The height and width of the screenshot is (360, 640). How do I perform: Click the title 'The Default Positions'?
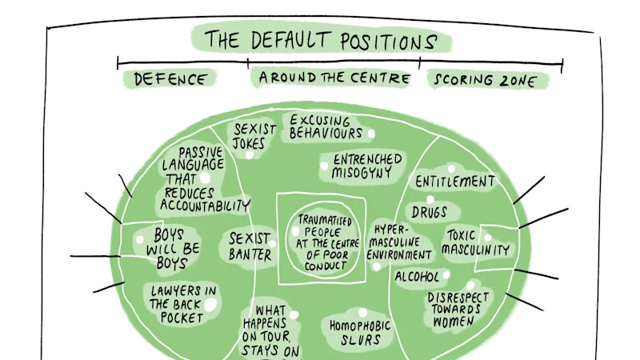click(x=321, y=41)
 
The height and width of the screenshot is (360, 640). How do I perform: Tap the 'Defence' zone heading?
click(x=170, y=79)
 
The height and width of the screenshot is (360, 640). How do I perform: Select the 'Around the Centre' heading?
click(x=334, y=78)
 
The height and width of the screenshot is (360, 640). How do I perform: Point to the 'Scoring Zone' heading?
click(x=485, y=80)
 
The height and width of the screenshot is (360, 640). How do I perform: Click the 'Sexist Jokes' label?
click(x=254, y=136)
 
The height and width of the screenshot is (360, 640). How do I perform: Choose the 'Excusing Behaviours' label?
click(x=326, y=127)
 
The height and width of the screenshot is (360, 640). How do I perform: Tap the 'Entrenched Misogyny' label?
click(x=366, y=166)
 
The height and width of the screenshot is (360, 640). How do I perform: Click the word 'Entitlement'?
click(x=455, y=182)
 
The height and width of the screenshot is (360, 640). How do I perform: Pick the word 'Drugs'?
click(x=429, y=212)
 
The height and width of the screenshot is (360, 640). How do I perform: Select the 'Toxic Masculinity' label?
click(x=475, y=242)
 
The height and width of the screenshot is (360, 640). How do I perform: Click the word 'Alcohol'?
click(x=417, y=277)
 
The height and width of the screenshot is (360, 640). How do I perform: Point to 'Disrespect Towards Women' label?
click(x=458, y=310)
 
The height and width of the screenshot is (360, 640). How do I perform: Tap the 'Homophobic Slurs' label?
click(x=360, y=333)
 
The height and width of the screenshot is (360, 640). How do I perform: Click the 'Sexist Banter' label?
click(x=250, y=246)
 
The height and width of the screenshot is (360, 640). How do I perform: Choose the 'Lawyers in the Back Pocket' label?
click(x=182, y=305)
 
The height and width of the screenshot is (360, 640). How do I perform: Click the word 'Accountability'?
click(x=205, y=206)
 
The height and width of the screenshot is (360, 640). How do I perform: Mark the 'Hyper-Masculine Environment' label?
click(x=398, y=242)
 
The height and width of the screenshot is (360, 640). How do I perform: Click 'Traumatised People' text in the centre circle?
click(x=324, y=226)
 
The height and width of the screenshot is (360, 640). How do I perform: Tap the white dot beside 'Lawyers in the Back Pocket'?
click(x=210, y=305)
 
